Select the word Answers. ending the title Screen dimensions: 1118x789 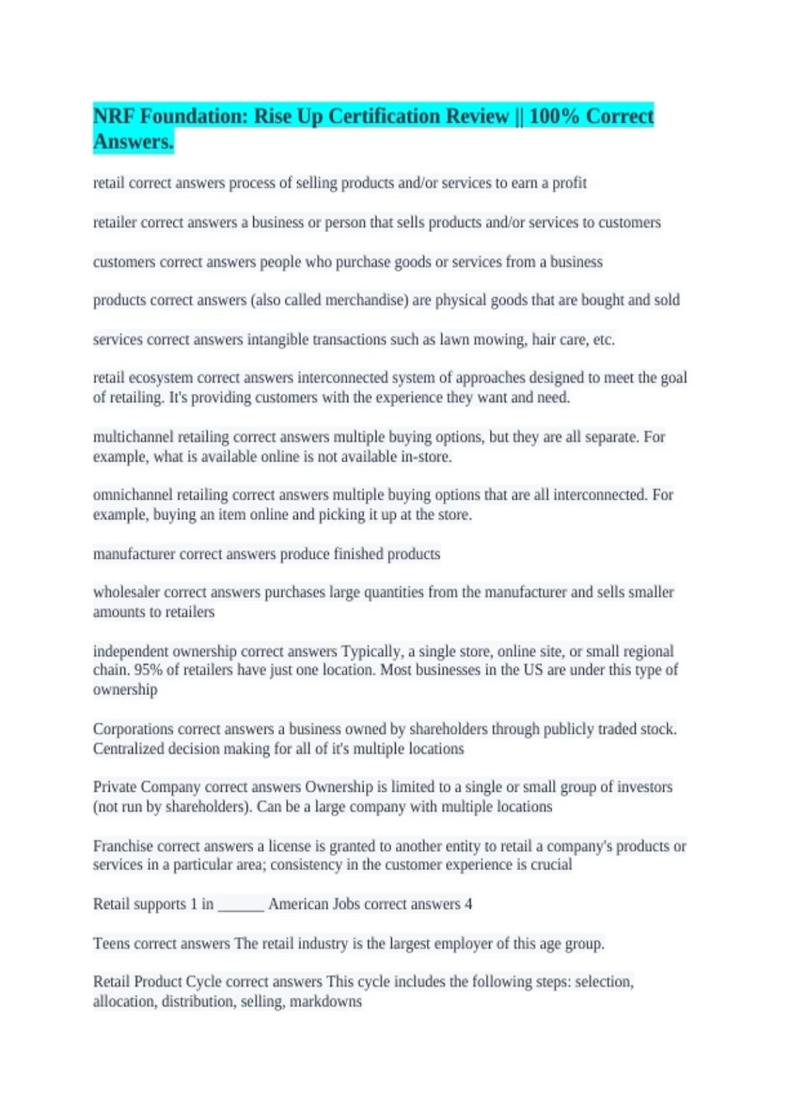[x=133, y=142]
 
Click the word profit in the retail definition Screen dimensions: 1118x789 [x=569, y=183]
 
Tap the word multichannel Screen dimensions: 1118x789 [x=133, y=437]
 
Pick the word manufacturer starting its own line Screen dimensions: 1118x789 [x=134, y=554]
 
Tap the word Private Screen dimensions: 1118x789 [x=114, y=787]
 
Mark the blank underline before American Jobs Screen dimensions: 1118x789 [x=241, y=906]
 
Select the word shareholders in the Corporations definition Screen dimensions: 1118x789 [x=448, y=729]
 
